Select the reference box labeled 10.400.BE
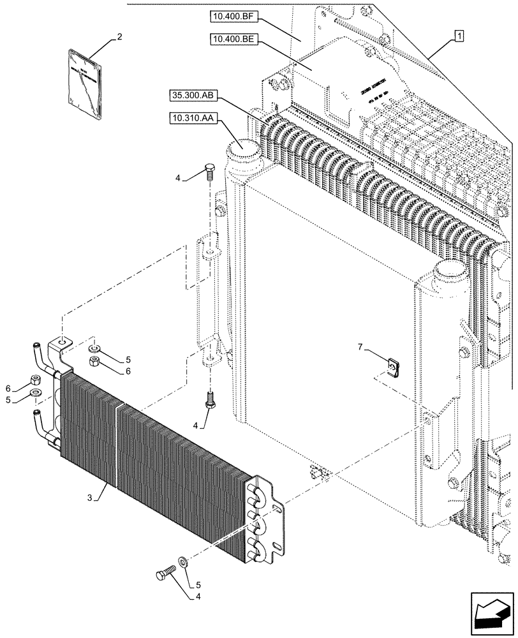233,40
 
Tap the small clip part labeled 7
394,367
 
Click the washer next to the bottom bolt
182,561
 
